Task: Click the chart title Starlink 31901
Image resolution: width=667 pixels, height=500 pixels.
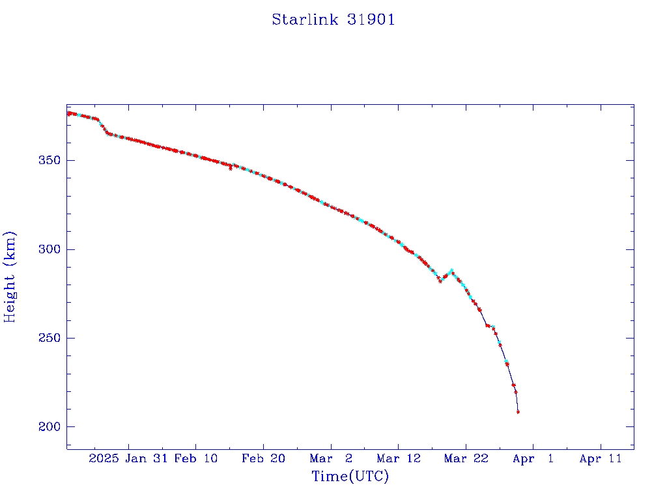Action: tap(333, 20)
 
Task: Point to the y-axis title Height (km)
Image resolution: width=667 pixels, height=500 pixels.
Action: tap(10, 276)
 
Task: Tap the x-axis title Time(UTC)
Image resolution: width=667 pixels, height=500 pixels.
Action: tap(350, 477)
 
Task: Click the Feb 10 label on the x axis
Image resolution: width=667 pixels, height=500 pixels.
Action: tap(196, 459)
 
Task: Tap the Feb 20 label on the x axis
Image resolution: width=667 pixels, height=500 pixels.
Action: tap(263, 459)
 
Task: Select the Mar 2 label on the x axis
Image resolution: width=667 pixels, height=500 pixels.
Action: tap(331, 459)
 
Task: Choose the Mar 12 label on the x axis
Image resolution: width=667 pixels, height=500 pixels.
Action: tap(398, 459)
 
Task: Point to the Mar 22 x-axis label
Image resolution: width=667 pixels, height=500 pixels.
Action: tap(466, 459)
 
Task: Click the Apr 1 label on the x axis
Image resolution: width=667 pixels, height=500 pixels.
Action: tap(533, 459)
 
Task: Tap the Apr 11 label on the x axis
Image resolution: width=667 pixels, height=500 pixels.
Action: tap(601, 459)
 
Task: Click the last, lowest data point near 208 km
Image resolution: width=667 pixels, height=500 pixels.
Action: tap(518, 412)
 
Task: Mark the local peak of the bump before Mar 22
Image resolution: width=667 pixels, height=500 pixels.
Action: tap(451, 270)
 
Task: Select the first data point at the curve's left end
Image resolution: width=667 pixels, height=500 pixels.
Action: tap(68, 114)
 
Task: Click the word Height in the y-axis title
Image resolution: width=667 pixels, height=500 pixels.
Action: tap(10, 296)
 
